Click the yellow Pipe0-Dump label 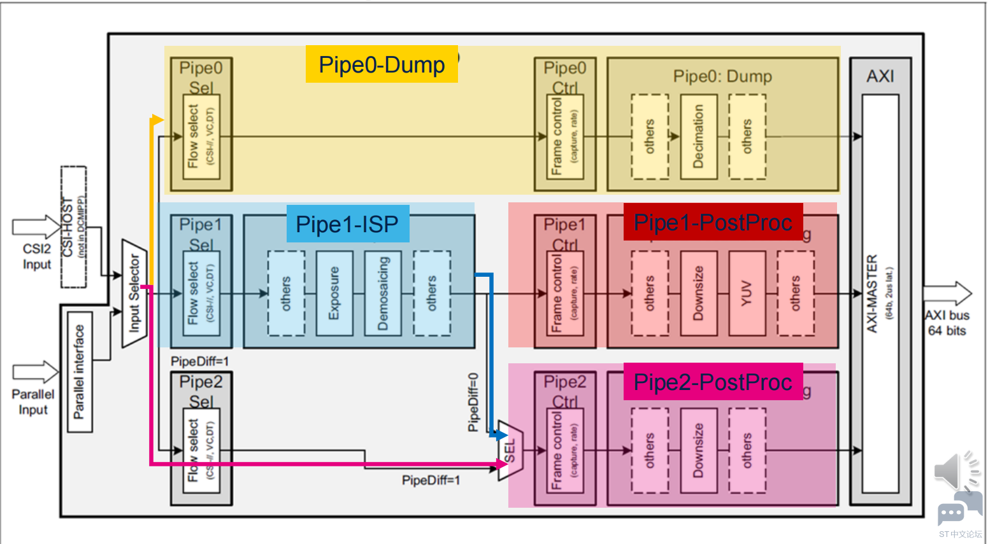point(382,64)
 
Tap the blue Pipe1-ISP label point(347,224)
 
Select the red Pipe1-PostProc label point(713,222)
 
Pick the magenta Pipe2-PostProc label point(713,382)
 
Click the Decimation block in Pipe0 point(699,137)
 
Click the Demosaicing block point(383,293)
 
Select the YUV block point(747,293)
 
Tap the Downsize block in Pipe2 point(699,450)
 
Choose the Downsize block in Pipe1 point(699,293)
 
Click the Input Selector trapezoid point(134,293)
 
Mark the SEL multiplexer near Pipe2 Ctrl point(510,450)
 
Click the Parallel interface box point(80,372)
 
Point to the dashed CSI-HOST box point(73,227)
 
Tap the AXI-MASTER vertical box point(880,293)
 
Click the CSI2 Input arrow point(36,227)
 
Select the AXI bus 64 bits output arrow point(947,293)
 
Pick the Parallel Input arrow point(35,372)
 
